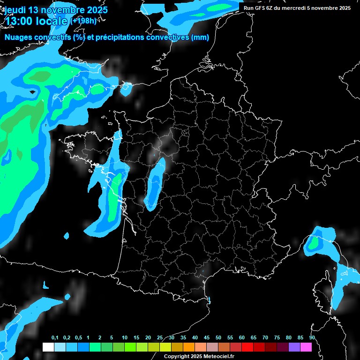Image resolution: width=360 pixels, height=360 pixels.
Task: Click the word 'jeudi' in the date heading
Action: tap(15, 10)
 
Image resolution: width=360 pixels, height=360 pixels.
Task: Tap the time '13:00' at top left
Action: tap(21, 21)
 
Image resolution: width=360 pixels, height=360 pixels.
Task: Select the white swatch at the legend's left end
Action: tap(48, 347)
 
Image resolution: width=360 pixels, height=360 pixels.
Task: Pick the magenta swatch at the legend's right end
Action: tap(306, 347)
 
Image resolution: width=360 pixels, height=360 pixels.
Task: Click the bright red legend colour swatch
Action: tap(247, 347)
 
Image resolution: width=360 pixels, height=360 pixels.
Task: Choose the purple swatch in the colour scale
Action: tap(294, 347)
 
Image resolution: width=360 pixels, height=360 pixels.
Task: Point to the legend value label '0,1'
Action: tap(55, 338)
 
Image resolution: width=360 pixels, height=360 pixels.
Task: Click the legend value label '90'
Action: tap(312, 338)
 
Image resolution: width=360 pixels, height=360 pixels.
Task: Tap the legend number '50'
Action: tap(218, 338)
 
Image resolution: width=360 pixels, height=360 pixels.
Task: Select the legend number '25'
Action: tap(160, 338)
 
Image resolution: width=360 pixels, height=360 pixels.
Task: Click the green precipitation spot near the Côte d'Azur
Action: tap(313, 243)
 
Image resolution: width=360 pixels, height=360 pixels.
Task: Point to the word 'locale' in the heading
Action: tap(52, 21)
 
